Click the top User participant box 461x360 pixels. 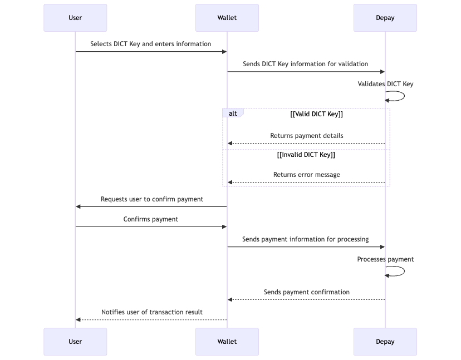75,18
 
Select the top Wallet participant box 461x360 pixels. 227,18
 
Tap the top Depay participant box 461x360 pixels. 385,18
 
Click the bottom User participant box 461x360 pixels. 75,342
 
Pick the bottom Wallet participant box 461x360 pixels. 227,342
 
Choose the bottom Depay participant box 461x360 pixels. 385,342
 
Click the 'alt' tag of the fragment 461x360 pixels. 233,114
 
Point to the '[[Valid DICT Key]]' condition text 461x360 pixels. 316,114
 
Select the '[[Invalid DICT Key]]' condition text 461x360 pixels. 306,155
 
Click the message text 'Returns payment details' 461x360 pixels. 306,136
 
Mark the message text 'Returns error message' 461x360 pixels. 306,175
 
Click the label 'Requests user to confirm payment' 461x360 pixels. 151,199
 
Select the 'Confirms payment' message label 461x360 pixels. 150,219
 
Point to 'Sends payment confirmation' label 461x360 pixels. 306,292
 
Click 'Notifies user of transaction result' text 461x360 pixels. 151,312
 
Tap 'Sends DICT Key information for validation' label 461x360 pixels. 305,64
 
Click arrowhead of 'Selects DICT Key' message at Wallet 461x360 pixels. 224,52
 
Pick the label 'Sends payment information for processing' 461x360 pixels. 305,239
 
